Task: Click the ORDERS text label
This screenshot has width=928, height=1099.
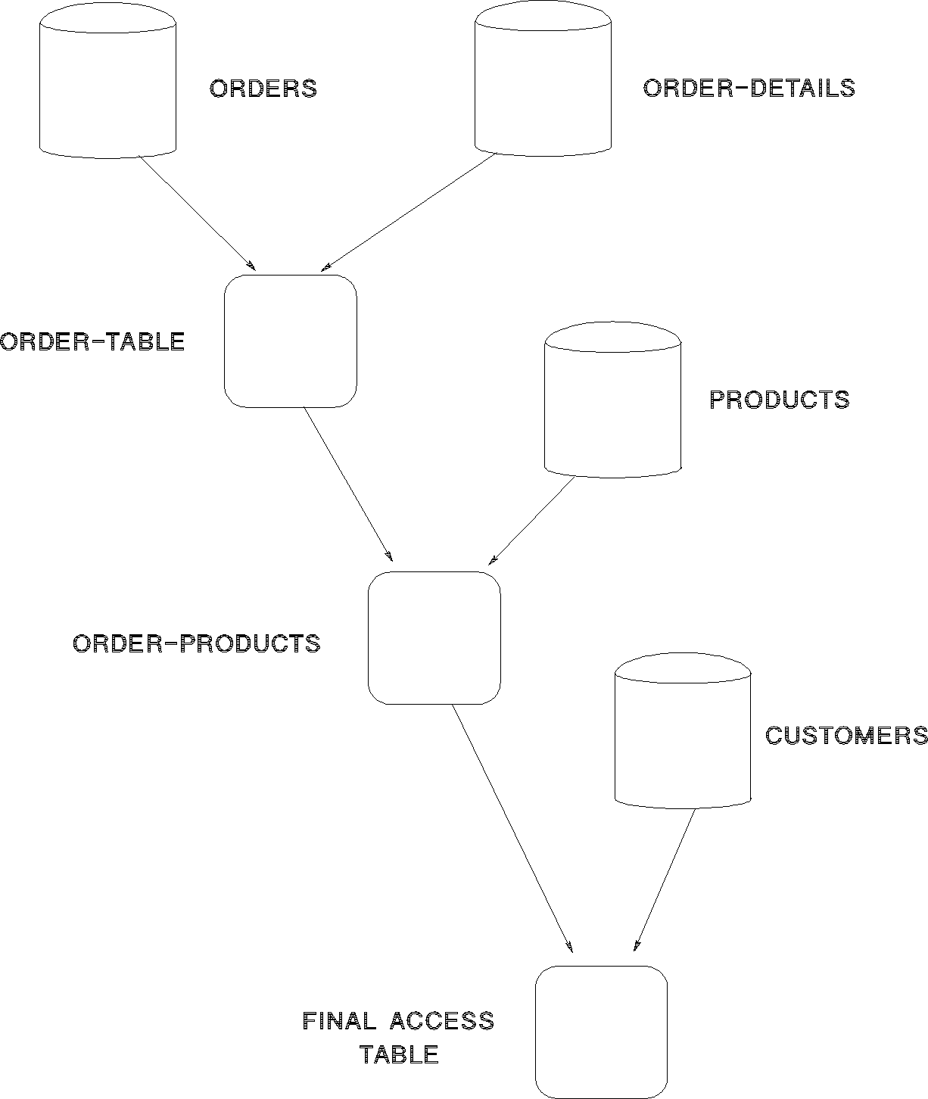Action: pyautogui.click(x=263, y=89)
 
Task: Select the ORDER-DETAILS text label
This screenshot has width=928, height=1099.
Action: pyautogui.click(x=749, y=88)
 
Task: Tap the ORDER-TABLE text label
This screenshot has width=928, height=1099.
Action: pyautogui.click(x=93, y=341)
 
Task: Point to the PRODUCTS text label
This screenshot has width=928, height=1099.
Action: pyautogui.click(x=780, y=400)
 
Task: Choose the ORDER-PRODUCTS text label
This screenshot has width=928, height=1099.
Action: pyautogui.click(x=197, y=643)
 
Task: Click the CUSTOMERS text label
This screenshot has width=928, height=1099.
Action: pyautogui.click(x=846, y=735)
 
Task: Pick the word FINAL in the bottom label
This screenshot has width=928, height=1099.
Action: pyautogui.click(x=339, y=1021)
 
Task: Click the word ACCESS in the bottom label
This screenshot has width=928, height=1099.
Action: pyautogui.click(x=442, y=1021)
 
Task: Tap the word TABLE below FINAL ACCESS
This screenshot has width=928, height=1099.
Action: pyautogui.click(x=399, y=1054)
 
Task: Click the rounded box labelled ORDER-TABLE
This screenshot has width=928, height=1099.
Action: pyautogui.click(x=290, y=341)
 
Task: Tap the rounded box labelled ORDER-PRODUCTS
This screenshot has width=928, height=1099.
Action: pyautogui.click(x=434, y=638)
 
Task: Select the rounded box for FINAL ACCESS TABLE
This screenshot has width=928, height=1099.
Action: pyautogui.click(x=601, y=1032)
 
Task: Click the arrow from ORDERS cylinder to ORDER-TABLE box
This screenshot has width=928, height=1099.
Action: pyautogui.click(x=197, y=213)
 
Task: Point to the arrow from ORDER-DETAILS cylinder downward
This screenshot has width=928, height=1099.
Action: pyautogui.click(x=409, y=211)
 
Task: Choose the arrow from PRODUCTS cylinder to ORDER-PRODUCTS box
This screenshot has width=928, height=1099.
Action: pyautogui.click(x=531, y=521)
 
